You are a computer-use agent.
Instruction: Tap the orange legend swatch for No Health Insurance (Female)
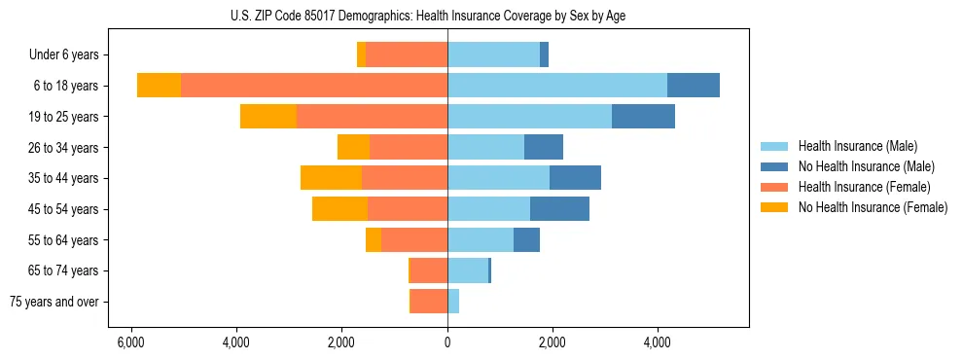click(775, 207)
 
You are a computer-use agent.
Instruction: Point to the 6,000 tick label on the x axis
click(130, 342)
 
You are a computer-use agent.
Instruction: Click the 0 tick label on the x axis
click(447, 342)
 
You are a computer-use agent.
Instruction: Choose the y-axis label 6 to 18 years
click(65, 86)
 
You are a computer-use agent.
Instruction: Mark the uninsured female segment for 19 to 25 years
click(268, 117)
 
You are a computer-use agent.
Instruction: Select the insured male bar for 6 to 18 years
click(557, 86)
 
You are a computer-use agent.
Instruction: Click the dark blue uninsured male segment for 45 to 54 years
click(559, 209)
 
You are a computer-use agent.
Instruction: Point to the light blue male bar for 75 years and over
click(453, 302)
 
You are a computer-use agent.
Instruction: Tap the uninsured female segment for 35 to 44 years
click(331, 178)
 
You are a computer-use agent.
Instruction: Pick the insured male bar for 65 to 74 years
click(468, 270)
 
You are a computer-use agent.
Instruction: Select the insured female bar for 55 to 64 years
click(414, 239)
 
